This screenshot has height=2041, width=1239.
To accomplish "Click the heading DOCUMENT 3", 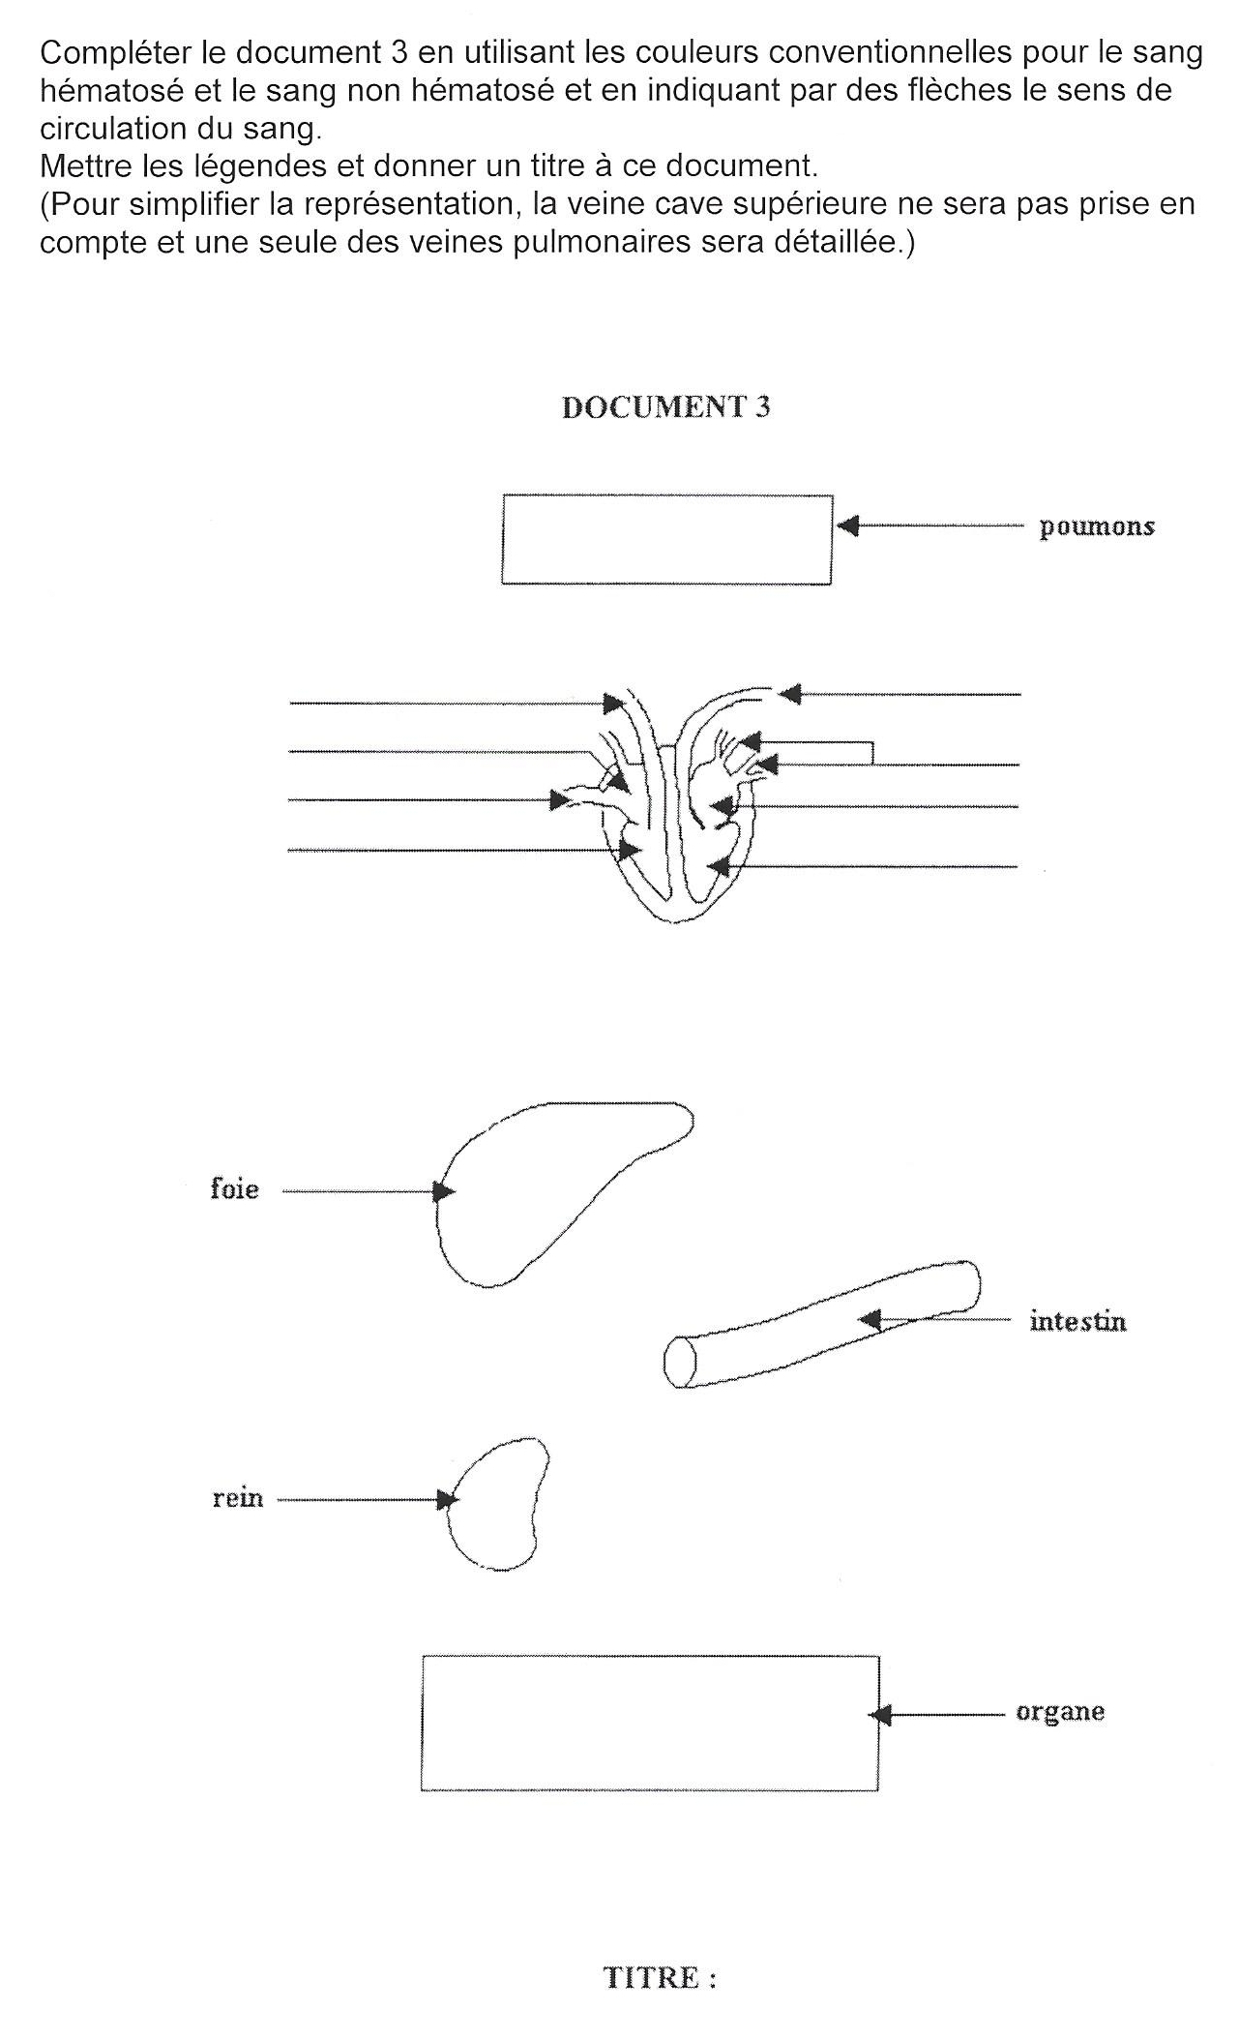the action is tap(665, 407).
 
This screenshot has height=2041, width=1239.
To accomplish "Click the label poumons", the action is tap(1097, 527).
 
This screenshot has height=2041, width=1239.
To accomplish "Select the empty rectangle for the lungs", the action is tap(666, 539).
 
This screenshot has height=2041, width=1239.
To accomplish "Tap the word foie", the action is tap(235, 1188).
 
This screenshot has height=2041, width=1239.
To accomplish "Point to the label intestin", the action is tap(1078, 1321).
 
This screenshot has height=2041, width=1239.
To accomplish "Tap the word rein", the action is tap(238, 1499).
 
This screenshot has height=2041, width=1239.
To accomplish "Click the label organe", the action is tap(1060, 1712).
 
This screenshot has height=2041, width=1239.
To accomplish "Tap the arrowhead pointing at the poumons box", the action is tap(847, 525).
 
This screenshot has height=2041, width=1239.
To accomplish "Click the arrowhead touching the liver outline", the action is tap(444, 1191).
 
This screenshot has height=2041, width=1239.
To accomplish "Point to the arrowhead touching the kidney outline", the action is tap(447, 1500).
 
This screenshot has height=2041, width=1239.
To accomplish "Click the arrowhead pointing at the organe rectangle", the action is tap(880, 1715).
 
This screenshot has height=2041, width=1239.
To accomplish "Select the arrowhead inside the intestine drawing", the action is tap(870, 1318).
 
